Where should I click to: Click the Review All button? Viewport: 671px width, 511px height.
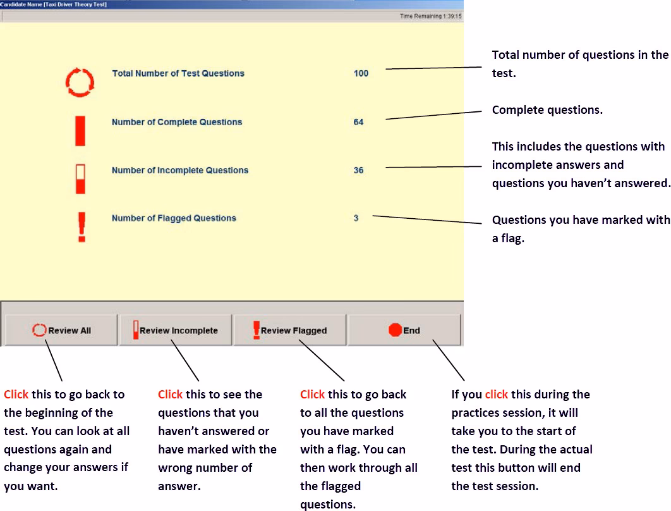point(61,330)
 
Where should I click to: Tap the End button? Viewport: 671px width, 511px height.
point(404,330)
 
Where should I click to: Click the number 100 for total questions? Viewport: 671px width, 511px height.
point(361,73)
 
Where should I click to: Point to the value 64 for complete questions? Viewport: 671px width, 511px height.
point(358,122)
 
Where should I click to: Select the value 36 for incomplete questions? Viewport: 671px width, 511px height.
point(358,170)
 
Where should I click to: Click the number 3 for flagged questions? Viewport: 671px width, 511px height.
point(356,218)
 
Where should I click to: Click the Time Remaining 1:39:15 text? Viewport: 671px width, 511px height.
point(430,16)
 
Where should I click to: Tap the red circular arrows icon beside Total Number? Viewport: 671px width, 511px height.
point(80,82)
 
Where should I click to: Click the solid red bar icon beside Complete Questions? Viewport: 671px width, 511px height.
point(80,130)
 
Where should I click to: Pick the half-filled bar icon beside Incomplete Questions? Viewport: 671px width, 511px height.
point(80,179)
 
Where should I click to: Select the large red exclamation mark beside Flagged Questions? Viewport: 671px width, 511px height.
point(81,226)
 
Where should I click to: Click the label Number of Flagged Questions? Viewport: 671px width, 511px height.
point(174,218)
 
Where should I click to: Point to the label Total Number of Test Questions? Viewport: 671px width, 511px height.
point(178,73)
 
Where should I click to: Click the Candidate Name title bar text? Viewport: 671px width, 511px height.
point(53,4)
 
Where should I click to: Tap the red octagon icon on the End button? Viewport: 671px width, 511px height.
point(395,330)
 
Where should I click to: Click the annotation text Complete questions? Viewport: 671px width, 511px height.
point(547,110)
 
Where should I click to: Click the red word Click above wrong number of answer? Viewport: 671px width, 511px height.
point(170,395)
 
